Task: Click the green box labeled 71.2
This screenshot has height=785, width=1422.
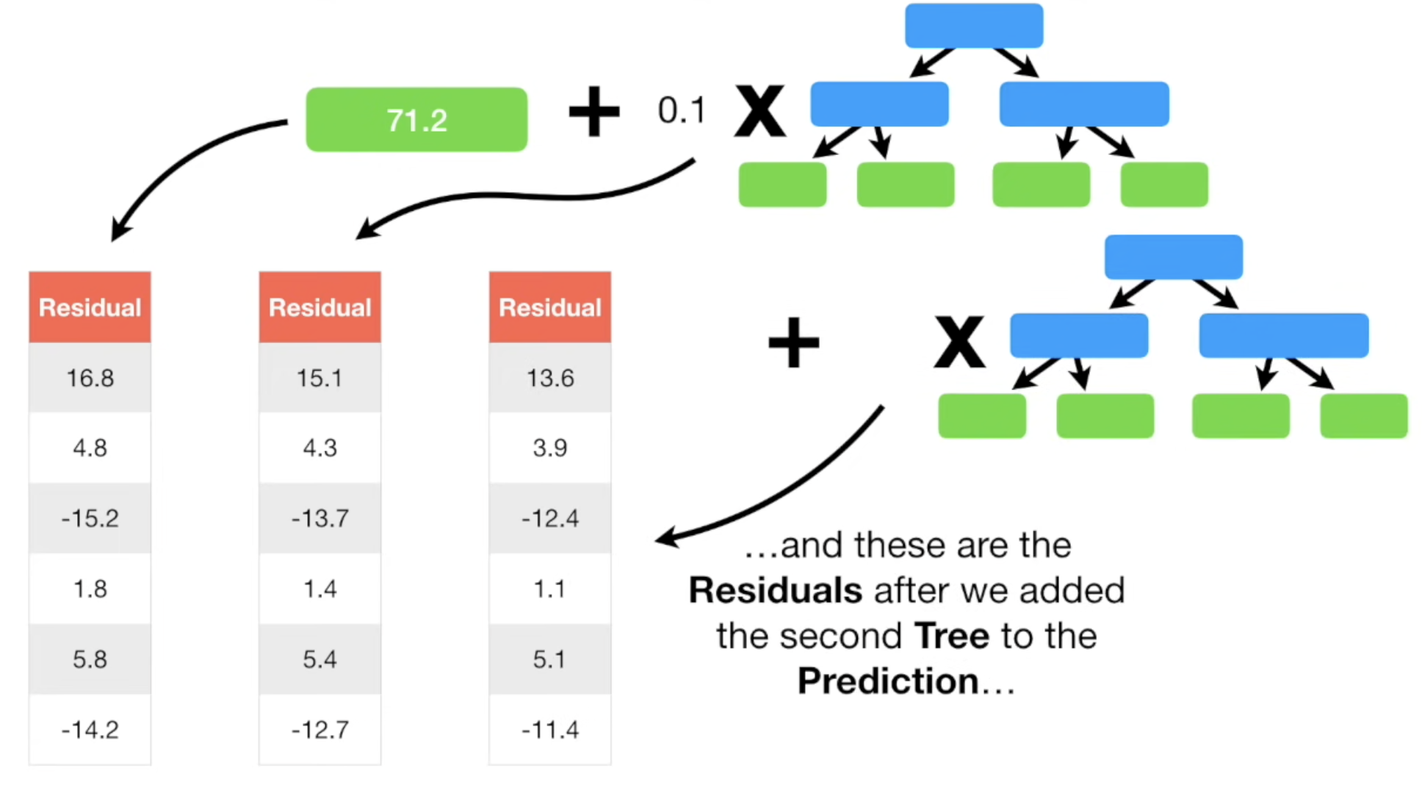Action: [x=416, y=120]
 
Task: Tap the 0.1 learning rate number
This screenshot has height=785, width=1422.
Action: [x=681, y=111]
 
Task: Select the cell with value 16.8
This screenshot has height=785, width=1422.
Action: [x=90, y=378]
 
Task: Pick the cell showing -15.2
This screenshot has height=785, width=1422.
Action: [x=90, y=518]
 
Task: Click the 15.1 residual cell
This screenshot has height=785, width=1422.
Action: [x=320, y=378]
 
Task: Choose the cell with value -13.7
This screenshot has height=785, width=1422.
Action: [x=320, y=518]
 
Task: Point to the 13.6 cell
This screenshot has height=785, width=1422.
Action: [x=550, y=378]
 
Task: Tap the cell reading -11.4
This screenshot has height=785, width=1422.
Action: [x=550, y=730]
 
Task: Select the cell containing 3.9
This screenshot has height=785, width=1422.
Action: [x=550, y=448]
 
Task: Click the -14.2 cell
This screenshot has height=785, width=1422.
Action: [x=90, y=730]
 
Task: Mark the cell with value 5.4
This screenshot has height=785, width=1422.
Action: [x=320, y=659]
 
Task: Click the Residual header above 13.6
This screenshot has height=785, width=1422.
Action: [x=550, y=307]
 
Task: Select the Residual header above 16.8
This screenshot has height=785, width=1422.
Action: [x=90, y=307]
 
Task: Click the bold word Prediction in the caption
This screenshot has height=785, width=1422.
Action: [x=888, y=681]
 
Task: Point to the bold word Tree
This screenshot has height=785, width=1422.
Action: [x=952, y=636]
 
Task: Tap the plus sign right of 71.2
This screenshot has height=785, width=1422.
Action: [x=594, y=112]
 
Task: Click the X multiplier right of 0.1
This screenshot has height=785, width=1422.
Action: [x=760, y=112]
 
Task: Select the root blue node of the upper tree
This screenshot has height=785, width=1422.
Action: [x=974, y=26]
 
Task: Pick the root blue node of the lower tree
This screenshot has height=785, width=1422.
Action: [x=1174, y=257]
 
